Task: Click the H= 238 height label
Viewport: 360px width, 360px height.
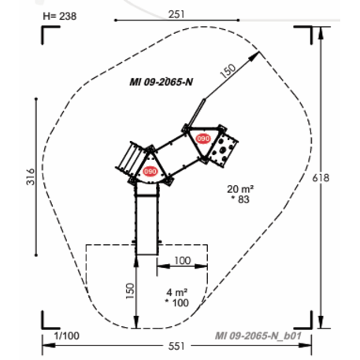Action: [x=60, y=17]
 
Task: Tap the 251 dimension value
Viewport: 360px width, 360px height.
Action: [x=176, y=14]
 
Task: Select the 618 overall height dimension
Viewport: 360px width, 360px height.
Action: [x=321, y=178]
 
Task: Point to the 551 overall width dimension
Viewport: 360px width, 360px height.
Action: [x=176, y=346]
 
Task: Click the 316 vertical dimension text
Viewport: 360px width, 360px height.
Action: [x=31, y=177]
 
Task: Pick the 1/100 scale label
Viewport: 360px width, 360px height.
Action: [x=67, y=336]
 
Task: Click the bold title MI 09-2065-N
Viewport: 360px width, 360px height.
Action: [x=161, y=82]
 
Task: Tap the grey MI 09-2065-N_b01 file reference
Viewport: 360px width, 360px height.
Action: [x=258, y=336]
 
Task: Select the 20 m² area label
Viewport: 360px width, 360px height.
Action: [x=240, y=189]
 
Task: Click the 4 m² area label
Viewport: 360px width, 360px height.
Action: [x=177, y=292]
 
